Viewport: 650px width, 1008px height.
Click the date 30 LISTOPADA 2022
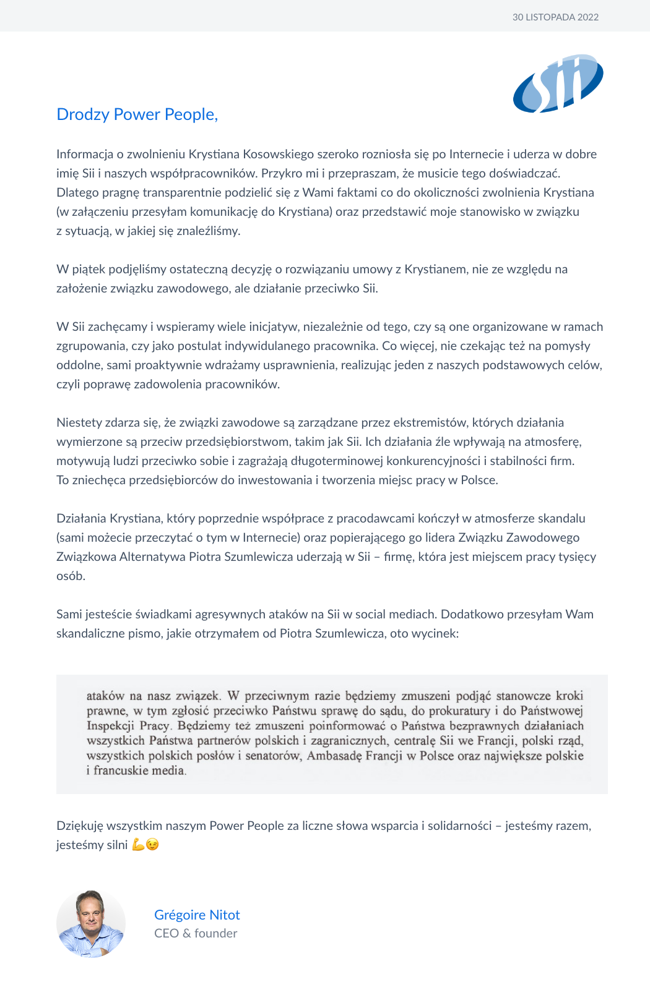[555, 17]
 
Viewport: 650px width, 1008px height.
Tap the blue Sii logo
[558, 83]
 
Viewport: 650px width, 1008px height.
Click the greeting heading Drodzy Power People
[137, 114]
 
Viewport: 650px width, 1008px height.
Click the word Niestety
[79, 422]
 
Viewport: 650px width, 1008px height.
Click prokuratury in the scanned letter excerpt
[459, 711]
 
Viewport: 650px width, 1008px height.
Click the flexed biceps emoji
[138, 845]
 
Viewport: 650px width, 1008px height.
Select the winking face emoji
[152, 845]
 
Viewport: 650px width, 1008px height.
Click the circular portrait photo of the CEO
[91, 924]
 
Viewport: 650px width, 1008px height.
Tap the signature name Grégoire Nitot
[197, 915]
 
